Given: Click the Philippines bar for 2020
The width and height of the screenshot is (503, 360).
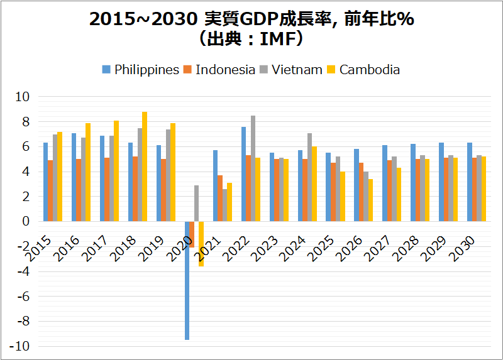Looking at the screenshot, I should pyautogui.click(x=187, y=280).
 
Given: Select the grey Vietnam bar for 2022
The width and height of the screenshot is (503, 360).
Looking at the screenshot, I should pyautogui.click(x=253, y=168).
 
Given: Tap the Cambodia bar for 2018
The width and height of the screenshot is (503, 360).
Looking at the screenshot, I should pyautogui.click(x=145, y=166).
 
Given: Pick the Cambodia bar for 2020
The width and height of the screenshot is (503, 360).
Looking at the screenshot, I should pyautogui.click(x=201, y=244).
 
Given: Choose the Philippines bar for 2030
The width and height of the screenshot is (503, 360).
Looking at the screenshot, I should pyautogui.click(x=470, y=182).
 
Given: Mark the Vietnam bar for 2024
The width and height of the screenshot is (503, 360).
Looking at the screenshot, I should pyautogui.click(x=309, y=177).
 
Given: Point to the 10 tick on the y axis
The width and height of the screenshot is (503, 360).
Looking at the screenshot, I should pyautogui.click(x=23, y=97).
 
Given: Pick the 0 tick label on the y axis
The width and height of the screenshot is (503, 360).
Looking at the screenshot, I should pyautogui.click(x=26, y=222).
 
